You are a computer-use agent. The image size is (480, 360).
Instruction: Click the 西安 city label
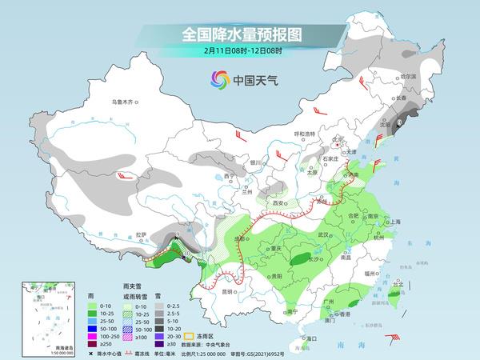(279, 204)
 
